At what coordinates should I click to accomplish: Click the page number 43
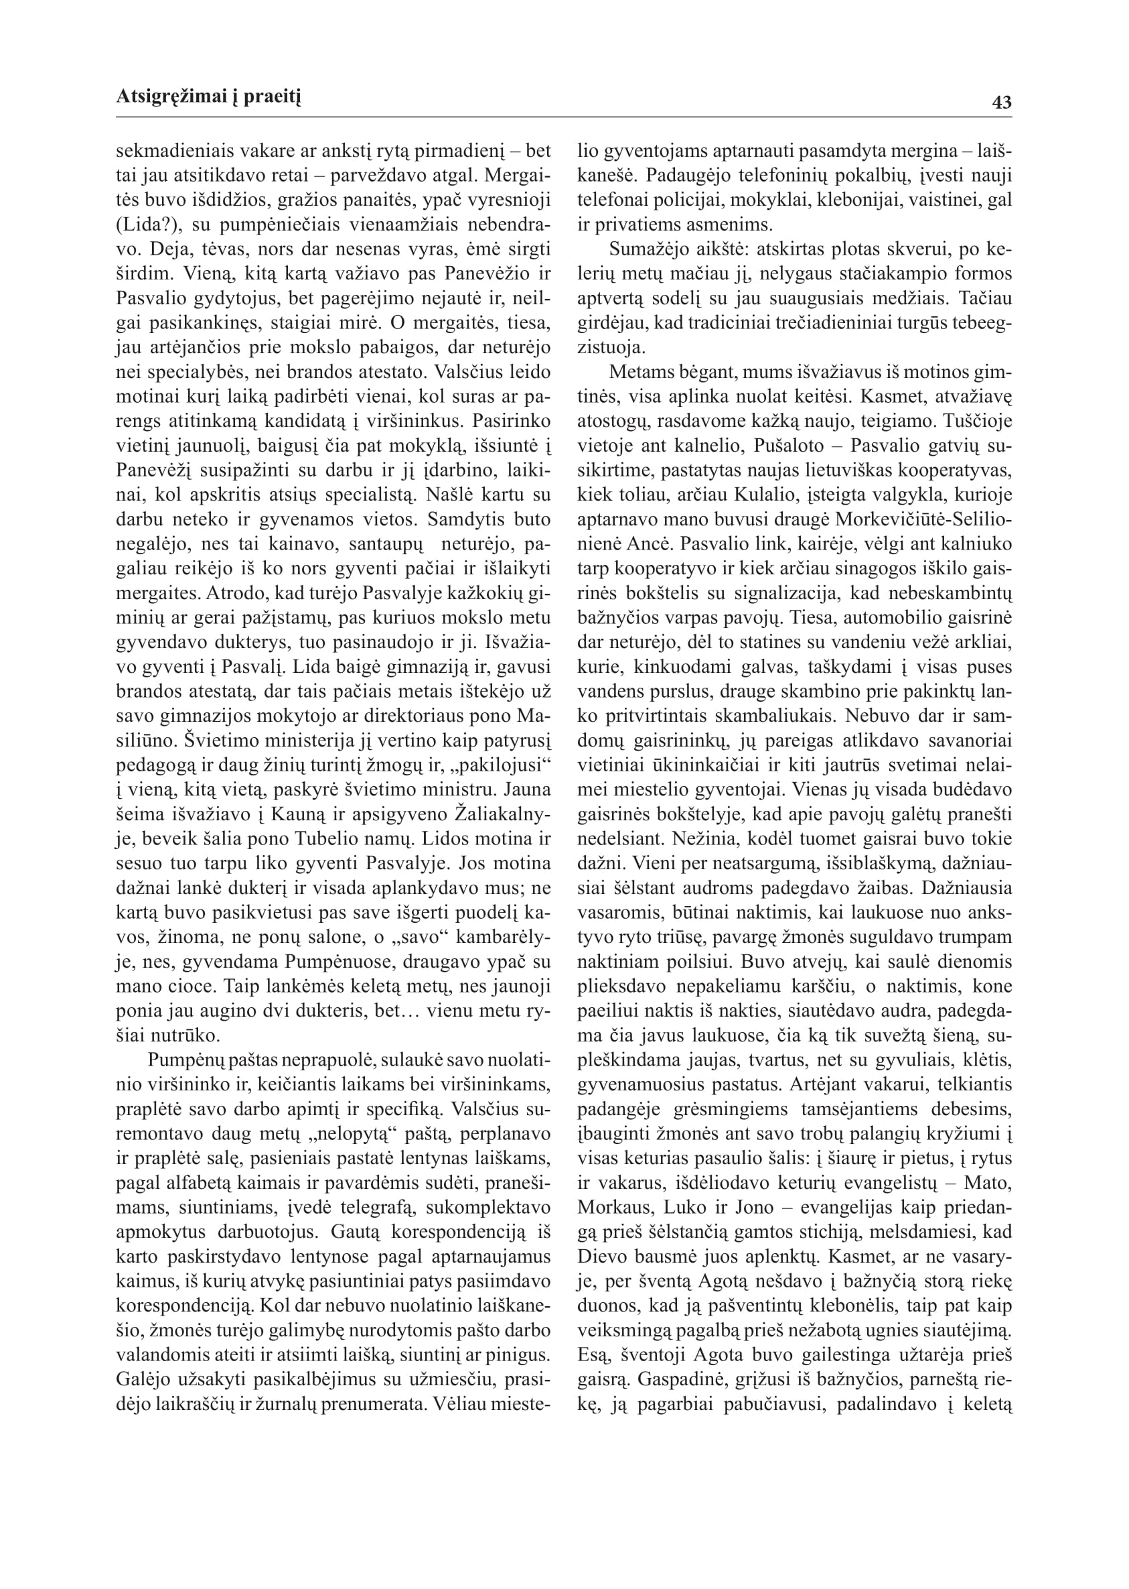pos(1002,103)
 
